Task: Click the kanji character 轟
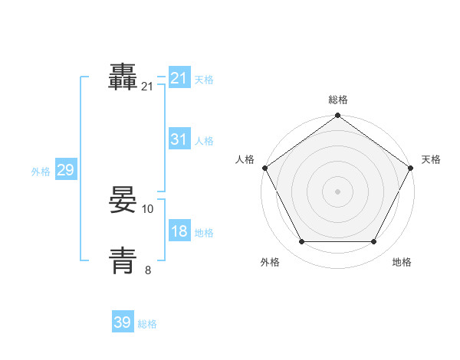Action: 123,78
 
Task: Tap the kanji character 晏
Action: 123,201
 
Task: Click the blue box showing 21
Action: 179,78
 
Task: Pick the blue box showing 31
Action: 179,139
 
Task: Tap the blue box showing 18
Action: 179,231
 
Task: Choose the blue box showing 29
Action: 65,170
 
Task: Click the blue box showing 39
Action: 123,322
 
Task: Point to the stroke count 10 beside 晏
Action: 149,208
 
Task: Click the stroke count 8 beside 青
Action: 148,270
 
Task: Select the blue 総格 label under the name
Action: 147,324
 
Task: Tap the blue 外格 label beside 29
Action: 41,172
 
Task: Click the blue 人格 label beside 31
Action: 204,141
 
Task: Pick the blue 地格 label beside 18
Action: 204,233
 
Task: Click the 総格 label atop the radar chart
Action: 337,100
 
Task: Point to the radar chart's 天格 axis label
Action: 431,159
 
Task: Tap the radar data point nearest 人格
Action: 264,168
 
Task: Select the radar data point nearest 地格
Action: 374,242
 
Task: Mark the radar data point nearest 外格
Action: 301,242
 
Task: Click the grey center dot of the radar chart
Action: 337,191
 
